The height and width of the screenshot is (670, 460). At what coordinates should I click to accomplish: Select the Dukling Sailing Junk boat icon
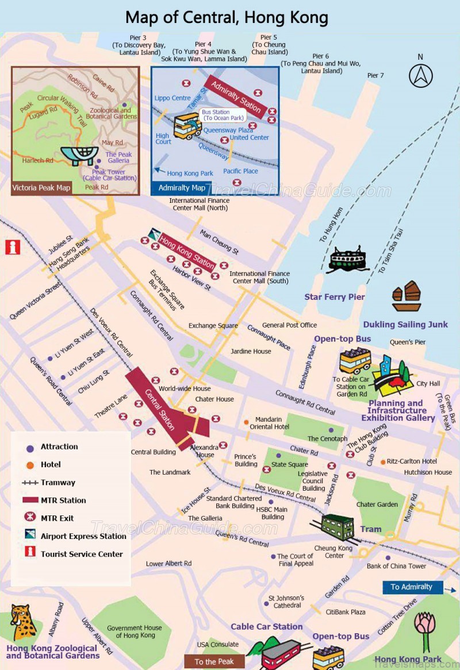coord(407,296)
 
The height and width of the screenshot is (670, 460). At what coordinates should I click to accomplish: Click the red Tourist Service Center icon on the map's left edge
coord(12,247)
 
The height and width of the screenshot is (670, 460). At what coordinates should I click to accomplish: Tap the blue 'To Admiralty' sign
coord(412,587)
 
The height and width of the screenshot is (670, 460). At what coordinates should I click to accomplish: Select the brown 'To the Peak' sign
coord(214,661)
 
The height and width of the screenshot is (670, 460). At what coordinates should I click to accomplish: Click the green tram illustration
coord(338,527)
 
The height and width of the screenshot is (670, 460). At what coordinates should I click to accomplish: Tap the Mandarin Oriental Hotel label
coord(269,423)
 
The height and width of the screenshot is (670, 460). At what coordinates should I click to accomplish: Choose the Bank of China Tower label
coord(396,566)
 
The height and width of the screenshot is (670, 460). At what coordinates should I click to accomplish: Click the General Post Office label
coord(289,325)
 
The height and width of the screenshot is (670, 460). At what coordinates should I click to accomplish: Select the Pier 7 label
coord(375,75)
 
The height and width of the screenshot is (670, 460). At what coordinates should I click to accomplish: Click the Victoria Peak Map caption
coord(41,187)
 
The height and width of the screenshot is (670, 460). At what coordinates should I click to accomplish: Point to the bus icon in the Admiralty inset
coord(187,125)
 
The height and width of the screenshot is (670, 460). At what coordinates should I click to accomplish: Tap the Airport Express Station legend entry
coord(83,536)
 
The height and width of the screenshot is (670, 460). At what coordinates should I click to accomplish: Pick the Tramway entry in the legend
coord(57,483)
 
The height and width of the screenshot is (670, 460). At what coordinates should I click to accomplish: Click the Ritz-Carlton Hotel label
coord(412,461)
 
